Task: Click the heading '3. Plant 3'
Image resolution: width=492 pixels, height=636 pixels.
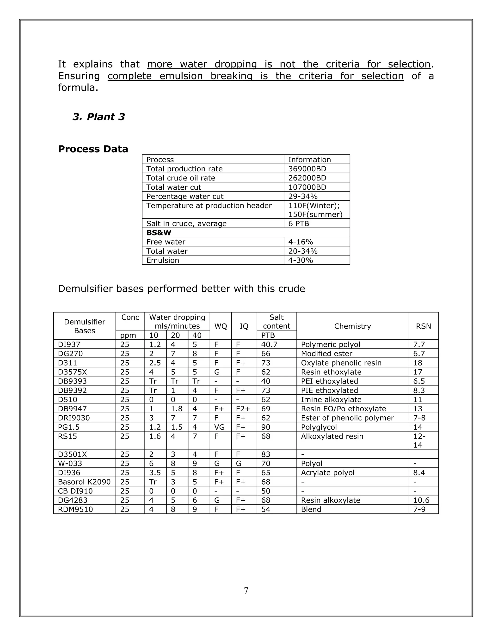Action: tap(98, 117)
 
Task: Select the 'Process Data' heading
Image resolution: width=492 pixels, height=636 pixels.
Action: tap(93, 149)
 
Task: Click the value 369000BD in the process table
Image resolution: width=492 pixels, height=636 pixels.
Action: tap(307, 169)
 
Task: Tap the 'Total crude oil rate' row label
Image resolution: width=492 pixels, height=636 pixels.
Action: tap(180, 178)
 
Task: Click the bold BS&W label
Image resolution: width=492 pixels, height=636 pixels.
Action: tap(159, 233)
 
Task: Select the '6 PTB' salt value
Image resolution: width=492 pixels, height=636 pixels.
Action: tap(298, 224)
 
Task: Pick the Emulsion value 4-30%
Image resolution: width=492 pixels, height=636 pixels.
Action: tap(300, 260)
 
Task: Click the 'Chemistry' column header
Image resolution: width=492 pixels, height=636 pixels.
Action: tap(352, 326)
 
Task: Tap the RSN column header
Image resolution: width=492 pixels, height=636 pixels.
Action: tap(423, 326)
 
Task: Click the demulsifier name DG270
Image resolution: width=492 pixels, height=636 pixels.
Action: tap(70, 354)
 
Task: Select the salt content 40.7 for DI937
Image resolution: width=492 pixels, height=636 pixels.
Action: tap(269, 344)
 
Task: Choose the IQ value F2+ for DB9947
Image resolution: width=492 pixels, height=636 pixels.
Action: tap(243, 409)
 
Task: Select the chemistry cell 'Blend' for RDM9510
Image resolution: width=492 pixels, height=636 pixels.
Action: tap(311, 509)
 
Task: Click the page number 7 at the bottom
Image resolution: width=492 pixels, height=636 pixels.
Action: tap(246, 591)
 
